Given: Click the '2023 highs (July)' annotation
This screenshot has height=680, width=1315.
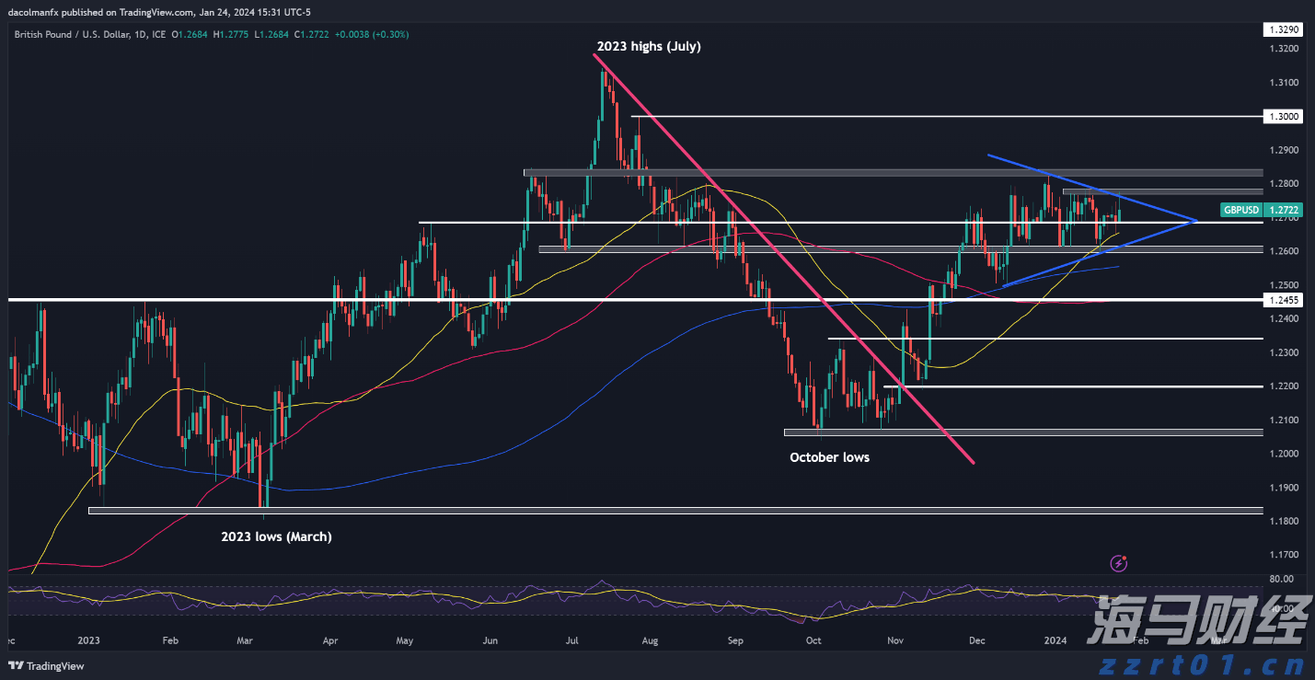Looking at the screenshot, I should (648, 46).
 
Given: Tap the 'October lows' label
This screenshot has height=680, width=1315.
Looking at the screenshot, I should (829, 457).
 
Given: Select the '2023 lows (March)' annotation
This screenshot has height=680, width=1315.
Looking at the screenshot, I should (276, 536).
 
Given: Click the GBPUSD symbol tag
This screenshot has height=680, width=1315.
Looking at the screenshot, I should (1240, 210).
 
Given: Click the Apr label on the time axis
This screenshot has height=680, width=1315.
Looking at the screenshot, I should (331, 640).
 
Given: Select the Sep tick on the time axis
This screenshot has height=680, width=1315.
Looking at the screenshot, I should (734, 640).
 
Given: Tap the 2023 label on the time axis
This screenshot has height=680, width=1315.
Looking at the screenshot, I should (88, 640).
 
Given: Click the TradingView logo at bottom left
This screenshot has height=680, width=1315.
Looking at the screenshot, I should (46, 664).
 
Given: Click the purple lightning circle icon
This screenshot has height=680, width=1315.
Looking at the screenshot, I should (1120, 562).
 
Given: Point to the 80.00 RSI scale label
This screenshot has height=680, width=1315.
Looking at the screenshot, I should (1282, 579).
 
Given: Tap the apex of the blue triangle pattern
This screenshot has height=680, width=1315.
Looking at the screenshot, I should (1194, 221).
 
